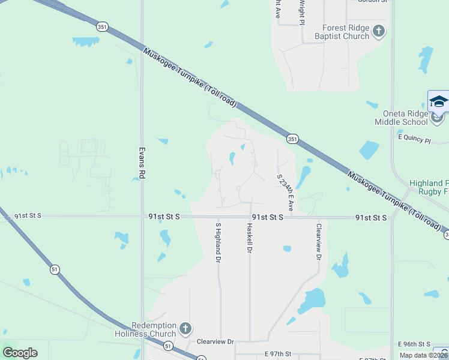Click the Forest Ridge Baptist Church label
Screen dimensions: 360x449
pos(345,32)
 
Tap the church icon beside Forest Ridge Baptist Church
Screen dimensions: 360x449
pos(378,31)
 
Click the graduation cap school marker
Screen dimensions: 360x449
pos(438,101)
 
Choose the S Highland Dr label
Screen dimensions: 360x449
pos(218,242)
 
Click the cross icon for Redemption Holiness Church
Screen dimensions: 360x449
pos(185,329)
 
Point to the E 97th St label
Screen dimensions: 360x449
pos(277,355)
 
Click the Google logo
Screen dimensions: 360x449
pos(20,353)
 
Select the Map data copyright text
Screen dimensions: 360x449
pos(424,355)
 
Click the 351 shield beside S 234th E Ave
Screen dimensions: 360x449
pos(292,139)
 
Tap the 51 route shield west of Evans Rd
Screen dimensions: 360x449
pos(55,270)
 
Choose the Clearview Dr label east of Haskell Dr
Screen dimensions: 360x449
pos(319,242)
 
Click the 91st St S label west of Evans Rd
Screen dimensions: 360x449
pos(28,215)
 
